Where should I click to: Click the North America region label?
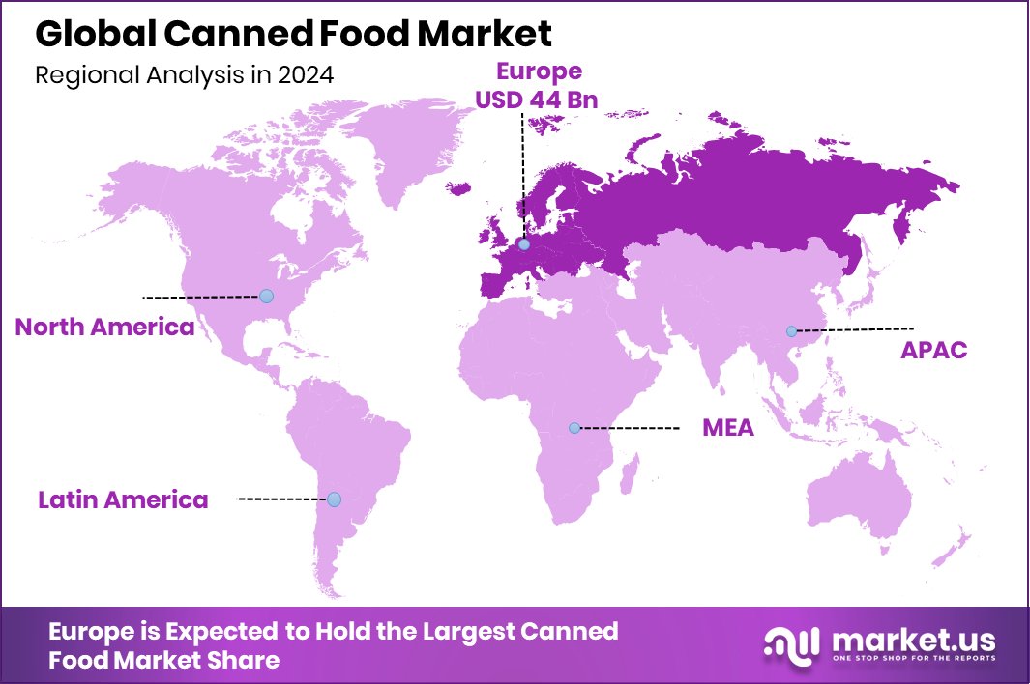coord(104,327)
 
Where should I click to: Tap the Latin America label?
coord(123,499)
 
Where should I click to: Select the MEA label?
coord(727,427)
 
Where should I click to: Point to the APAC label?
coord(933,350)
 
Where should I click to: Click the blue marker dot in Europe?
coord(523,244)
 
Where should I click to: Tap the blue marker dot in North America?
coord(266,296)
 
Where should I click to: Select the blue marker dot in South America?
coord(334,499)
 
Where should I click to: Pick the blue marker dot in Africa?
coord(574,427)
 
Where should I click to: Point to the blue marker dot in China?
coord(791,331)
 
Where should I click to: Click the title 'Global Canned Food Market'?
coord(293,34)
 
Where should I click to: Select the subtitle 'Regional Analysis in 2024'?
coord(184,75)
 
